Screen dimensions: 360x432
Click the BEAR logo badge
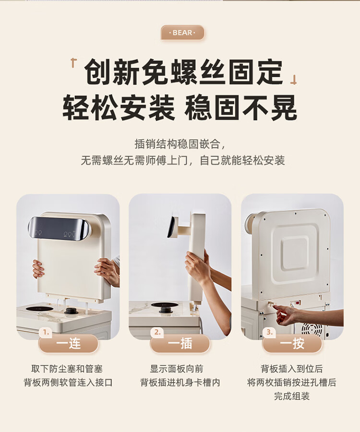[182, 33]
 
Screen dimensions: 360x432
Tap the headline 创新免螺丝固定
[184, 72]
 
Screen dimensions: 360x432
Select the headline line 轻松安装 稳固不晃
[180, 108]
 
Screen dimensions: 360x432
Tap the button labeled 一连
[68, 344]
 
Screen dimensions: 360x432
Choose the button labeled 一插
[180, 344]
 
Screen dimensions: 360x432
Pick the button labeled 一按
[292, 344]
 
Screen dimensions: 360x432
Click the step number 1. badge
[46, 332]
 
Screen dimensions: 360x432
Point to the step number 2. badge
[157, 332]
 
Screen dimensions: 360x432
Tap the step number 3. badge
[269, 332]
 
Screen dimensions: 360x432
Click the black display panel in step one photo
[59, 228]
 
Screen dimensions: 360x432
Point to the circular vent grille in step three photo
[312, 330]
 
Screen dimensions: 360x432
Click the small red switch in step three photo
[297, 303]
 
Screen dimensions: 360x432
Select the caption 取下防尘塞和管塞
[67, 369]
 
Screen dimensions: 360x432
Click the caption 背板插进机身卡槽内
[180, 383]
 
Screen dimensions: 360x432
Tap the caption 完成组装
[292, 396]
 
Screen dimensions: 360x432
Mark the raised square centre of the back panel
[294, 253]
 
